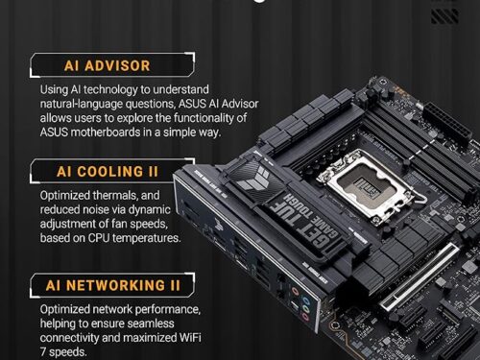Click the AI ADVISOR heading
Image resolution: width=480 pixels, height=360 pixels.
[x=107, y=65]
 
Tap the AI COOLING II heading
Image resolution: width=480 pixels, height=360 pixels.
[x=108, y=172]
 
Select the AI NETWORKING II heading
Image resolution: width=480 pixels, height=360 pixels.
[x=113, y=285]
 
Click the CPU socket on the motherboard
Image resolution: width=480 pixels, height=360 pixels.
[x=368, y=188]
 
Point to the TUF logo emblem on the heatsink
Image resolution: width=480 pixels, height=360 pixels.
[x=252, y=181]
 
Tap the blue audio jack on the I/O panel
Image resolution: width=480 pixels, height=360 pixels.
[x=306, y=301]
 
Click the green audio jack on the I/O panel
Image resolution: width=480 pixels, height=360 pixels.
[x=306, y=309]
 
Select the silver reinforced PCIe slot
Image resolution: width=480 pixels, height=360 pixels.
[x=420, y=276]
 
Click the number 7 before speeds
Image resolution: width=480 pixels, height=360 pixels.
[x=43, y=352]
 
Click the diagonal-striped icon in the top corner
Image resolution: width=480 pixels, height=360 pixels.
[x=444, y=16]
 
